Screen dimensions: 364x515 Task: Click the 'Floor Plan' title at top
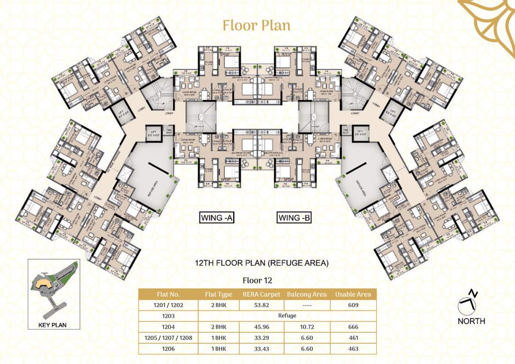(x=256, y=25)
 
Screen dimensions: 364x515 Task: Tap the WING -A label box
(x=217, y=218)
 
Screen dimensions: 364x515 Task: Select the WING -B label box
(x=294, y=218)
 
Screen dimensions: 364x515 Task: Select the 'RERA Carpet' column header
(x=261, y=294)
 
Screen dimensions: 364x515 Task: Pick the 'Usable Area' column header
(x=352, y=294)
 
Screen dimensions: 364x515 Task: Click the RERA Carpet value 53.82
(x=261, y=306)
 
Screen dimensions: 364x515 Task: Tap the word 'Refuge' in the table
(x=287, y=316)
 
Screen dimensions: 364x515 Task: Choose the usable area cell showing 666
(x=352, y=327)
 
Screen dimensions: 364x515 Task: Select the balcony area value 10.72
(x=307, y=327)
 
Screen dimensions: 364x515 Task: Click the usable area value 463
(x=352, y=348)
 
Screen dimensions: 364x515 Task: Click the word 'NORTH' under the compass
(x=471, y=321)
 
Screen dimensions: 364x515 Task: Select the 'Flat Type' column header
(x=218, y=294)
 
